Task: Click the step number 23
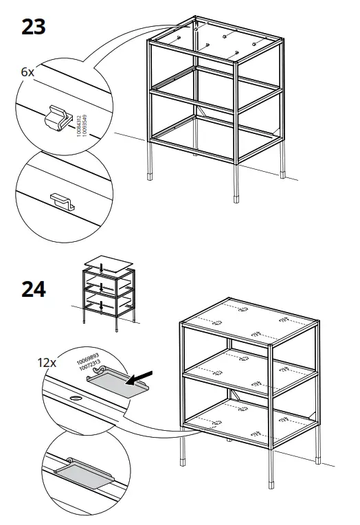[33, 27]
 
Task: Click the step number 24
[33, 289]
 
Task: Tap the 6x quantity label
[27, 71]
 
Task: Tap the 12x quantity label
[46, 361]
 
